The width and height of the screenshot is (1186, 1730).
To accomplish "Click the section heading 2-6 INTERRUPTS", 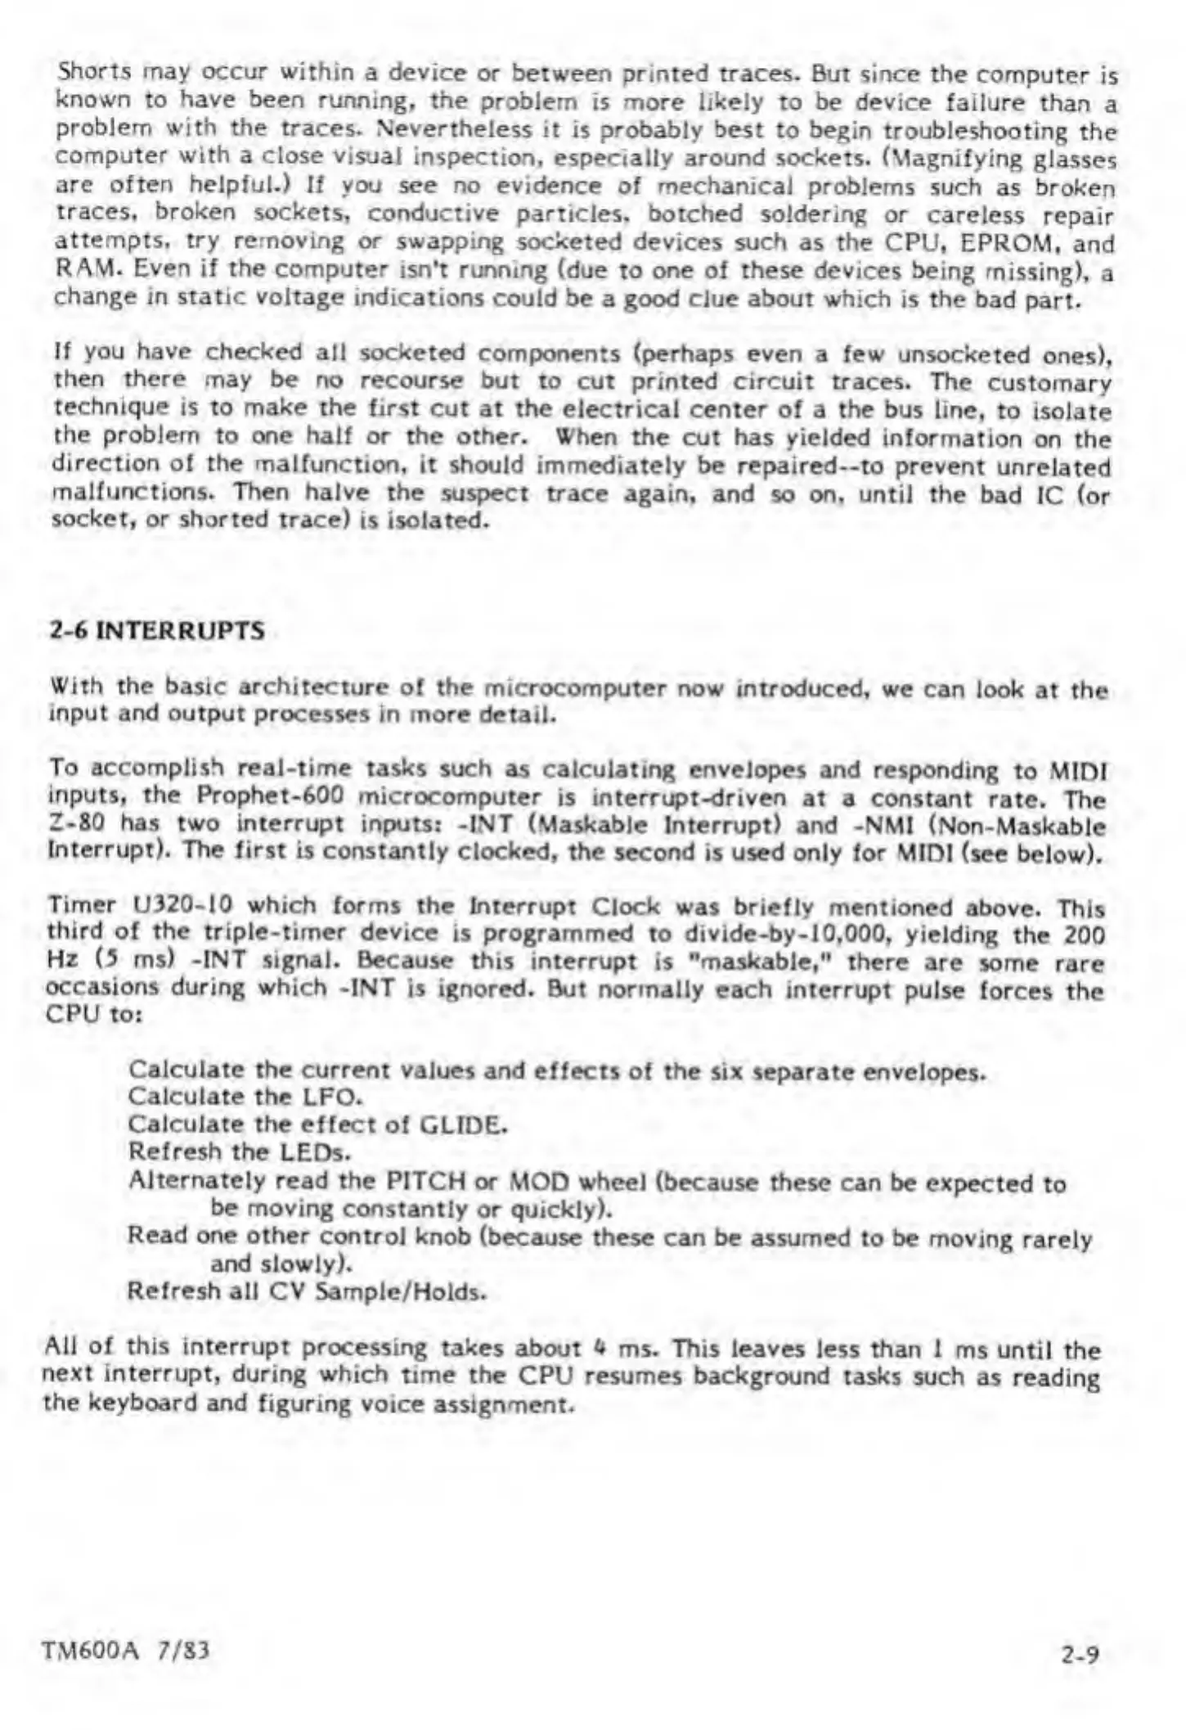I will pos(157,631).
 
